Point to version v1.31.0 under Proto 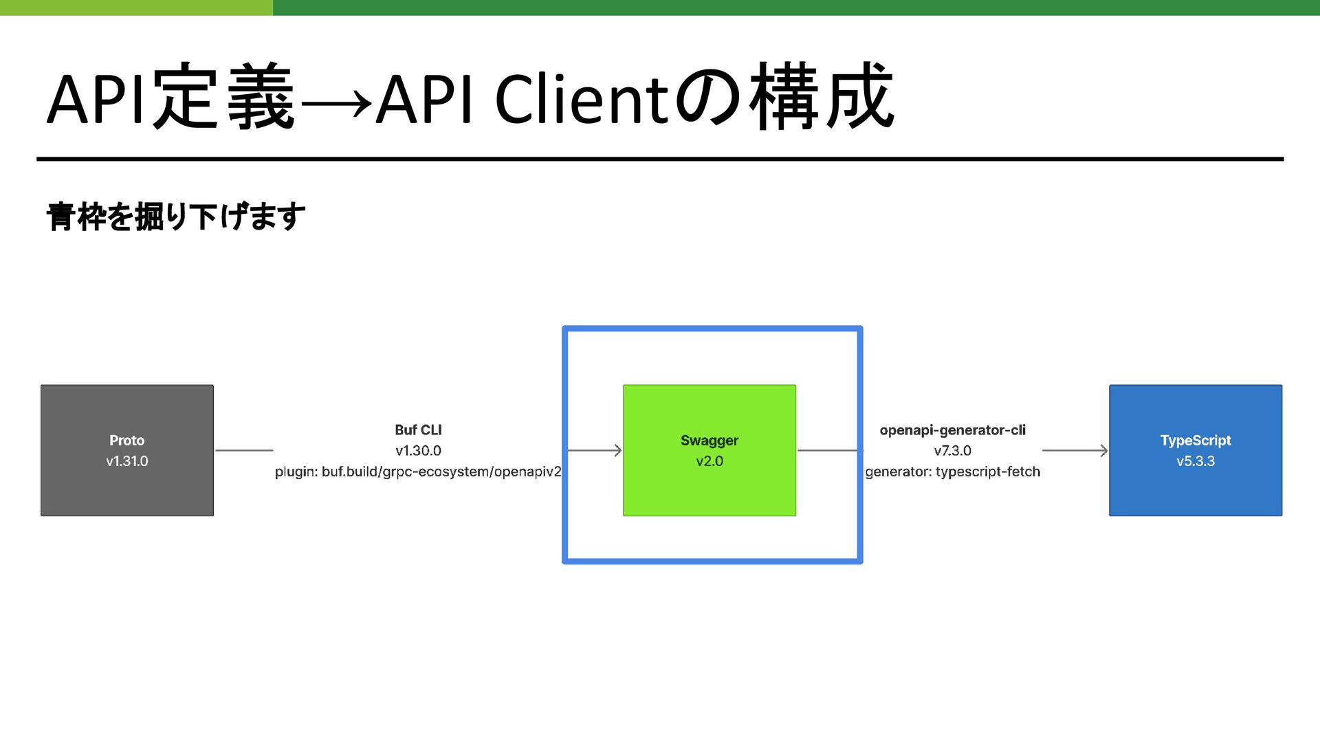coord(127,461)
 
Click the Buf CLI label coord(418,430)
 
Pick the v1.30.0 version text coord(418,451)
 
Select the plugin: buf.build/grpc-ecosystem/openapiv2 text coord(418,472)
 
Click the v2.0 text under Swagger coord(709,461)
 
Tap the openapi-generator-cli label coord(952,430)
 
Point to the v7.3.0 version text coord(952,451)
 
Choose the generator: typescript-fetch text coord(952,472)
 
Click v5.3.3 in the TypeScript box coord(1195,461)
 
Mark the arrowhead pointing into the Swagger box coord(617,451)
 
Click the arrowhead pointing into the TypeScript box coord(1103,451)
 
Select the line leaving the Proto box coord(244,451)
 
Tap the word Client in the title coord(582,100)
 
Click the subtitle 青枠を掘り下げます coord(176,217)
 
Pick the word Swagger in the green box coord(709,441)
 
